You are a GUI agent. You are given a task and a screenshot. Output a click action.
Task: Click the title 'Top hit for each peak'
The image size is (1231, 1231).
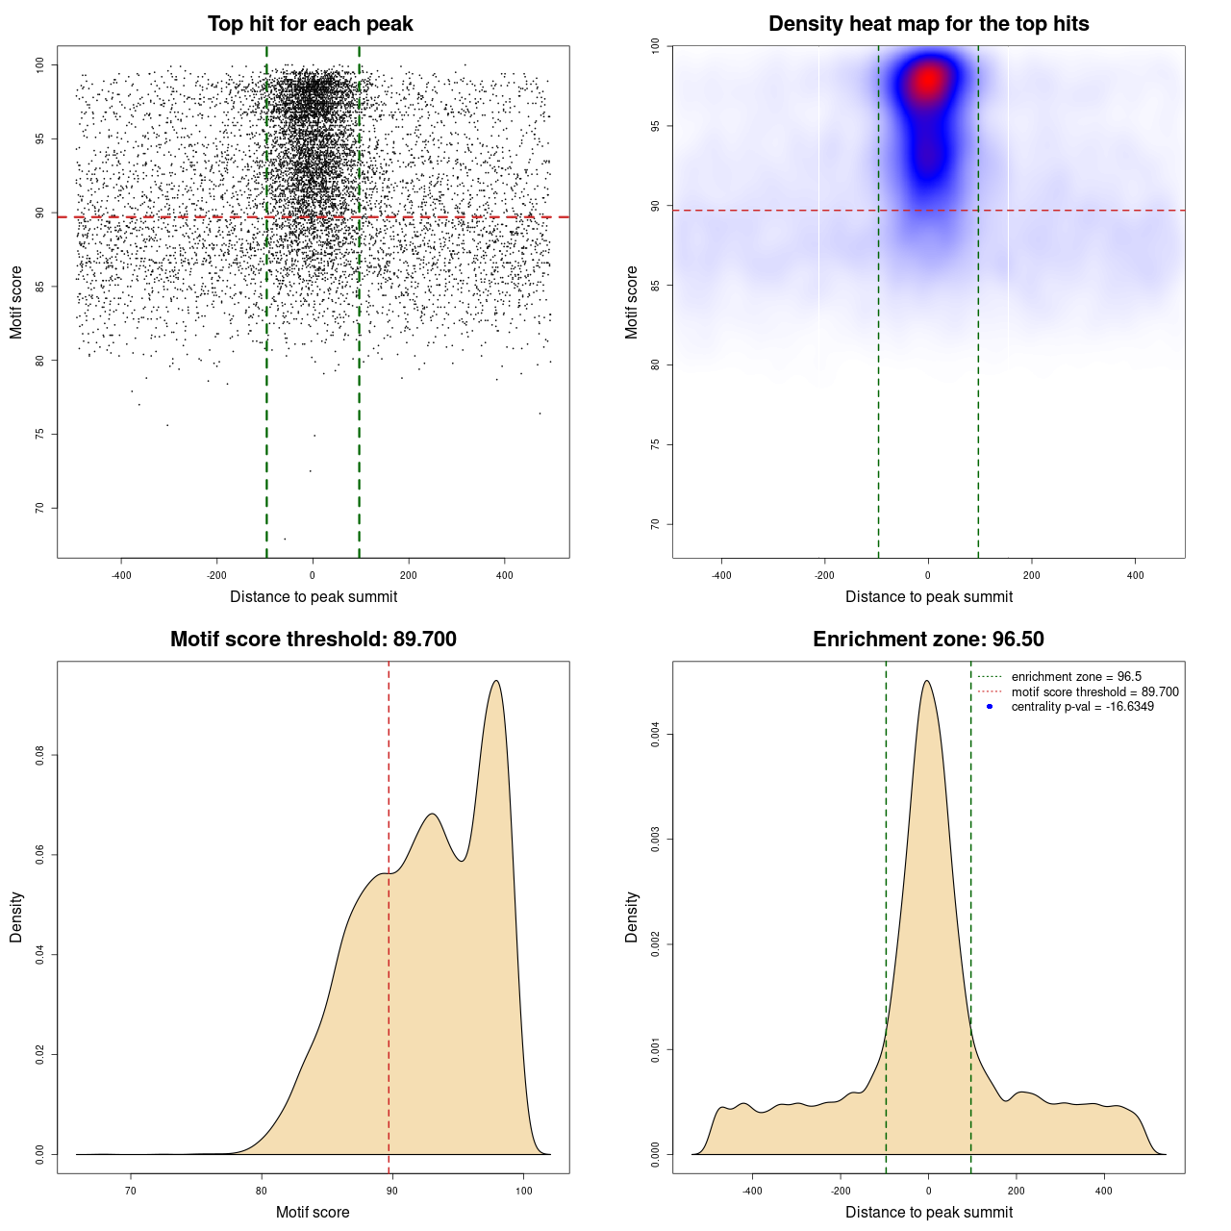tap(311, 24)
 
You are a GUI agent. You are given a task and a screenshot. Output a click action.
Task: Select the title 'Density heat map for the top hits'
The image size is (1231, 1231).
tap(928, 24)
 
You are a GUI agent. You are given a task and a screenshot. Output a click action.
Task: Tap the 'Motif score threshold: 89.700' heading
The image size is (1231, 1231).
tap(313, 640)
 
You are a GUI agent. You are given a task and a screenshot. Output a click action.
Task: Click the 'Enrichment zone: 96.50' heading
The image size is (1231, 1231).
tap(928, 640)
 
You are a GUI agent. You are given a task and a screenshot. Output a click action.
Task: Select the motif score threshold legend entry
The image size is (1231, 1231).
tap(1093, 692)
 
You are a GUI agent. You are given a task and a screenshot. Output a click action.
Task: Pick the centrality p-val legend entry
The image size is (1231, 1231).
tap(1082, 707)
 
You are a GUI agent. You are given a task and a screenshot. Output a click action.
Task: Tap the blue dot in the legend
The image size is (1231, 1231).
tap(990, 707)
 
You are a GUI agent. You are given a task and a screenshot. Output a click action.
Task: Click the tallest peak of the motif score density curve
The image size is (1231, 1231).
tap(496, 681)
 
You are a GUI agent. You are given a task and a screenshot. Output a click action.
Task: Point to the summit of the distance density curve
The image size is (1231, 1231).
tap(926, 681)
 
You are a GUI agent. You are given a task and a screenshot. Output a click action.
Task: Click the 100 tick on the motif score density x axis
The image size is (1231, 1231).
tap(523, 1191)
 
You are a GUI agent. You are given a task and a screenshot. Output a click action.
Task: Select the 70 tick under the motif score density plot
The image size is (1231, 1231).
tap(131, 1191)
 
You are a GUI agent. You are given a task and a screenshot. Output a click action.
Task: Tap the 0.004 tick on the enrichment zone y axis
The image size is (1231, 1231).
tap(656, 735)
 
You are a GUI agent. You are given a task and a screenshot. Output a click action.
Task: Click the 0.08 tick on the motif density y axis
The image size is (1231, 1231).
tap(40, 756)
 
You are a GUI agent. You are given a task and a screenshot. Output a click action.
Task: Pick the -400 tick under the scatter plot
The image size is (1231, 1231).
tap(121, 575)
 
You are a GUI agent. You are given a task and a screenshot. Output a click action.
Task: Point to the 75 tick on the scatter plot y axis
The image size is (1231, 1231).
tap(40, 435)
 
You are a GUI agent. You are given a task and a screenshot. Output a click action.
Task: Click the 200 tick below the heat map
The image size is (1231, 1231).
tap(1031, 575)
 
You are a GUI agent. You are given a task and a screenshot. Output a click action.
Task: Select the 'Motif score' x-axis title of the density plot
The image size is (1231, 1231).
tap(313, 1212)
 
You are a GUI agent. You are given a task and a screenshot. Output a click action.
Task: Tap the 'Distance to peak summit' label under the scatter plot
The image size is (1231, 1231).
tap(314, 596)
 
